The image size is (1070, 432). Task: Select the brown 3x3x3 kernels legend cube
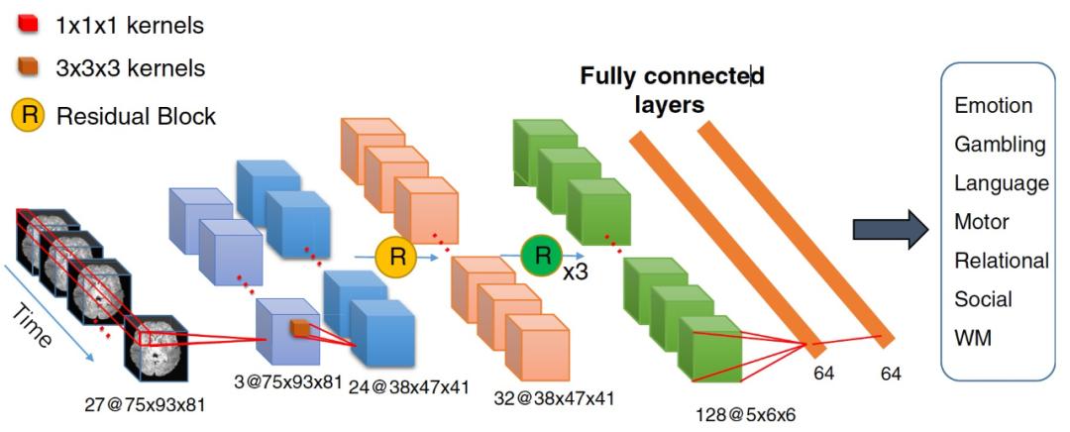coord(28,68)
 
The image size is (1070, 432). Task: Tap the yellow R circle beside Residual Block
coord(28,116)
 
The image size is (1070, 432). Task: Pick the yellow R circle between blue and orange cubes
coord(397,257)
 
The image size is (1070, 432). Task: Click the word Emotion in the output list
coord(993,105)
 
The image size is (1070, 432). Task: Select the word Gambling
coord(1000,145)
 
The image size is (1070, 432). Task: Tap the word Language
coord(1001,183)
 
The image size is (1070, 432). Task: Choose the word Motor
coord(981,222)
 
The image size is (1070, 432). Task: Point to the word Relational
coord(1002,261)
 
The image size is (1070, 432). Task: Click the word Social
coord(983,299)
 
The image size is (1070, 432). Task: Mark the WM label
coord(973,338)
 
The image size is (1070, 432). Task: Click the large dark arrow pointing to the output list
coord(890,231)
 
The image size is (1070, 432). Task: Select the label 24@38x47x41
coord(408,386)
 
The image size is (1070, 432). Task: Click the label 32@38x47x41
coord(554,398)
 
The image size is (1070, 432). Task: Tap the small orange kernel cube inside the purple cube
coord(298,328)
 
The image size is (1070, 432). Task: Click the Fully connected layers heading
coord(672,89)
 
